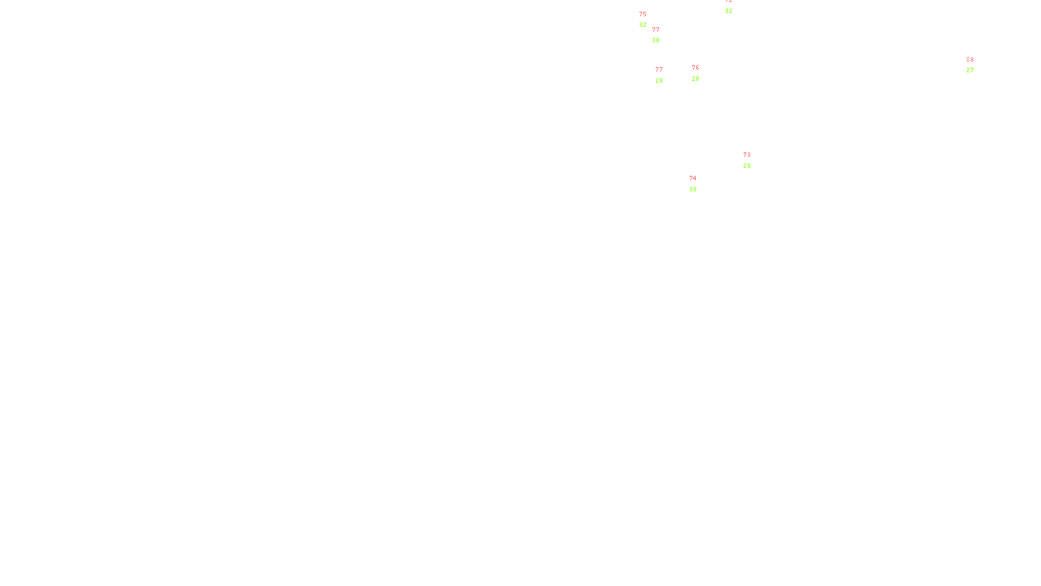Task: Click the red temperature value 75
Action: (643, 14)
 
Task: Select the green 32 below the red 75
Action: (643, 25)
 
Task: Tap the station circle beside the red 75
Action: (649, 20)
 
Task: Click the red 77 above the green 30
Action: (656, 30)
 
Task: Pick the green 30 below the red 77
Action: (656, 40)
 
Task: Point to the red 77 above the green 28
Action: (659, 70)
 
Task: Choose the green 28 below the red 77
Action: (659, 81)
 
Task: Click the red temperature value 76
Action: (696, 68)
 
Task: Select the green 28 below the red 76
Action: (696, 79)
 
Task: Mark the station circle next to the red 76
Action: (702, 73)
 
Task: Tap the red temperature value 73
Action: (747, 155)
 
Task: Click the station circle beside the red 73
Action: (753, 160)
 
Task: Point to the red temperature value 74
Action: (693, 178)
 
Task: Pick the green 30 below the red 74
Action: (693, 189)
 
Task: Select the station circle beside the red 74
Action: (699, 184)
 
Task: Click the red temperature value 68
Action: (970, 60)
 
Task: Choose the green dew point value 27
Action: (970, 70)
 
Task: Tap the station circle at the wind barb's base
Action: (976, 65)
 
